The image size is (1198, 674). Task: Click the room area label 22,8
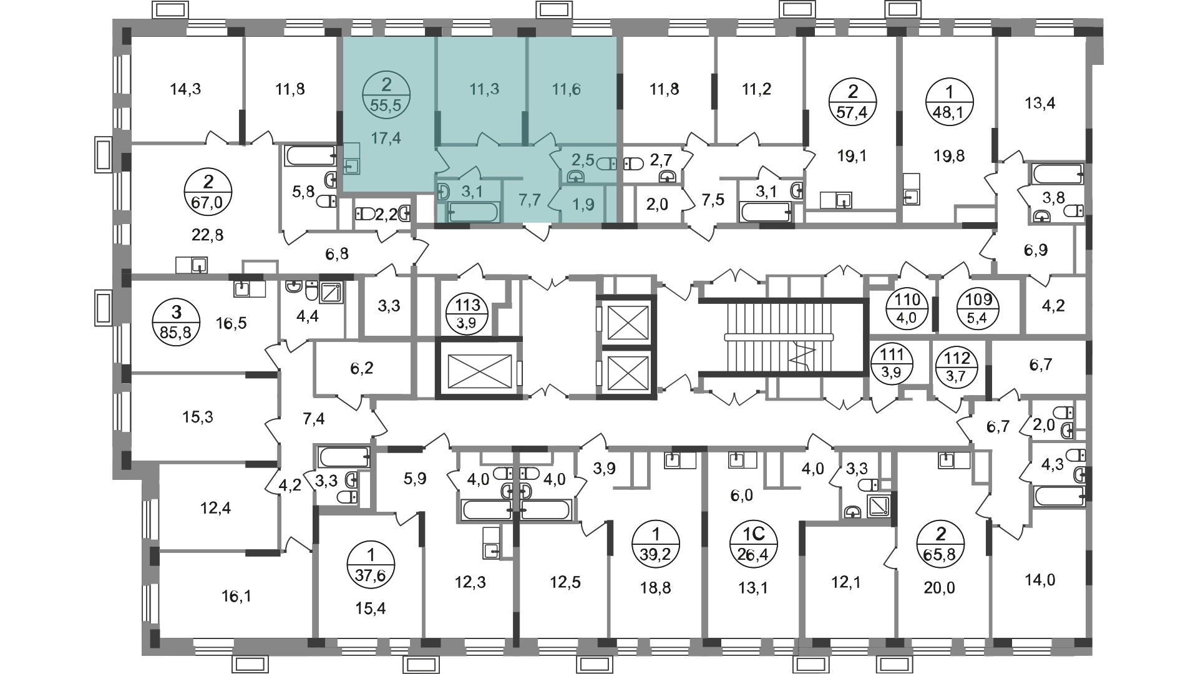pos(208,235)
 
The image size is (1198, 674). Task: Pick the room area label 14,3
pos(186,89)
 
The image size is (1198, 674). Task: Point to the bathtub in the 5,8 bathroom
pos(311,155)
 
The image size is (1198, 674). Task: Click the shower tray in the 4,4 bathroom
pos(331,292)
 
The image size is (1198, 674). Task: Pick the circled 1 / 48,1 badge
pos(949,102)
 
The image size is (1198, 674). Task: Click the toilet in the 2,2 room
pos(366,214)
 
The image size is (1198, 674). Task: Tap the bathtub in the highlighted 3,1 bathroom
pos(472,212)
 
